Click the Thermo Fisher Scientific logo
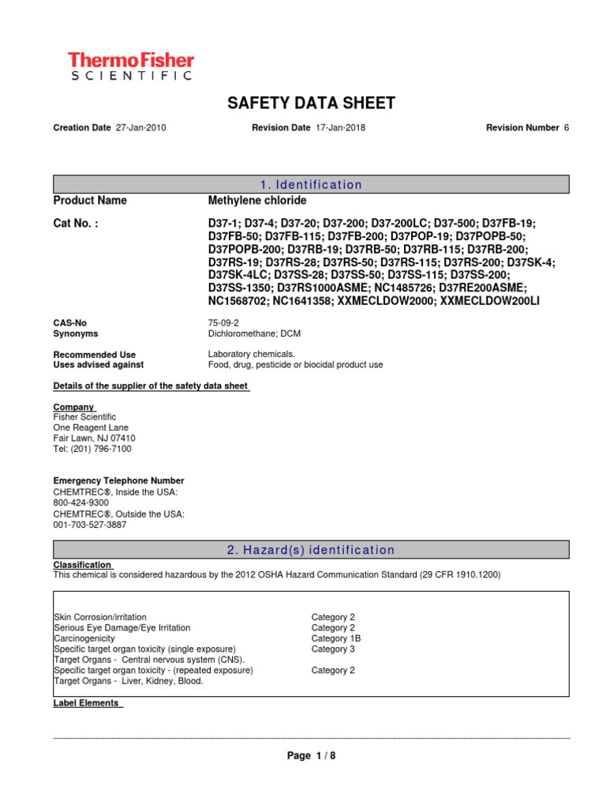click(130, 66)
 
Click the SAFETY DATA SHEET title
click(311, 103)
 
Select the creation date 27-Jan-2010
click(140, 127)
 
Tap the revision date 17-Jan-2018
click(340, 127)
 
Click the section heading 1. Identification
click(311, 185)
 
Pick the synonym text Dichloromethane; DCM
click(254, 334)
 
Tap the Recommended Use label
click(94, 355)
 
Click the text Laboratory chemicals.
click(251, 355)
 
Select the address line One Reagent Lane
click(91, 427)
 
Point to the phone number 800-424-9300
click(80, 502)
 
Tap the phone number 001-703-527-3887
click(89, 525)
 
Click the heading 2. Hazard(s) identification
click(311, 550)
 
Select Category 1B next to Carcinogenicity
click(336, 638)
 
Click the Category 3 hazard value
click(333, 649)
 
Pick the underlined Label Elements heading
click(85, 703)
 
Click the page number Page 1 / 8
click(311, 756)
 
